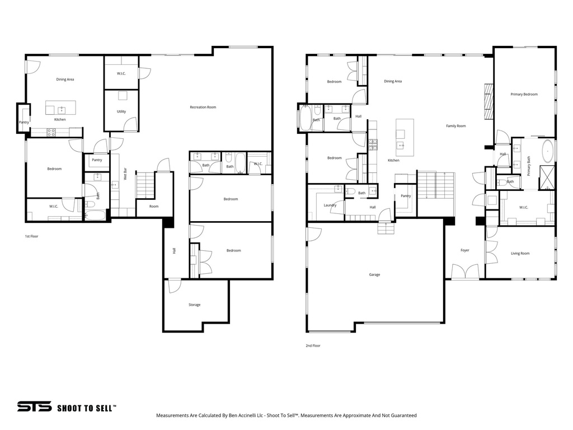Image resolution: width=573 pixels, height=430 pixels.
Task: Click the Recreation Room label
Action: pyautogui.click(x=203, y=107)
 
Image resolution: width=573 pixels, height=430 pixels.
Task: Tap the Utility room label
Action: pyautogui.click(x=121, y=111)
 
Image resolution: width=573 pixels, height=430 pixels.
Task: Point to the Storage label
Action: pyautogui.click(x=194, y=305)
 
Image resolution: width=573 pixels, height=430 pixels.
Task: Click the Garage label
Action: pyautogui.click(x=374, y=274)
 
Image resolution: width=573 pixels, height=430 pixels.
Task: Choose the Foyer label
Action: pyautogui.click(x=464, y=250)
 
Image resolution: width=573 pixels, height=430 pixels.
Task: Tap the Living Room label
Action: pyautogui.click(x=520, y=253)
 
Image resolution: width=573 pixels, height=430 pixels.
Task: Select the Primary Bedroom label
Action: pyautogui.click(x=524, y=94)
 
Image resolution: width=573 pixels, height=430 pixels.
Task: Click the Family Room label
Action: pyautogui.click(x=455, y=126)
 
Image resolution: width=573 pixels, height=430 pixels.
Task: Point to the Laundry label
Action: pyautogui.click(x=330, y=205)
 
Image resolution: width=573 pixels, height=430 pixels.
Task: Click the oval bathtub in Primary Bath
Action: pyautogui.click(x=547, y=152)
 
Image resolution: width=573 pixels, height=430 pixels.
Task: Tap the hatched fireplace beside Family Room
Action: pyautogui.click(x=489, y=101)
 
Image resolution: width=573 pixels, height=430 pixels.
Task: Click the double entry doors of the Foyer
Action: pyautogui.click(x=466, y=273)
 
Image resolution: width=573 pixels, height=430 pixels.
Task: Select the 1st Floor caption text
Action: pyautogui.click(x=31, y=236)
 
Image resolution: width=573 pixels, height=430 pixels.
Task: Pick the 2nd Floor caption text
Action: pyautogui.click(x=313, y=345)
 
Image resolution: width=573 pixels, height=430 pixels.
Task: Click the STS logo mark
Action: pyautogui.click(x=34, y=407)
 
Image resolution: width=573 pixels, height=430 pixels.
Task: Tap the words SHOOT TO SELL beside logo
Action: pyautogui.click(x=86, y=408)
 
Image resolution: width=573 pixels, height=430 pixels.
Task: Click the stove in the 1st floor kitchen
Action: pyautogui.click(x=51, y=133)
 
